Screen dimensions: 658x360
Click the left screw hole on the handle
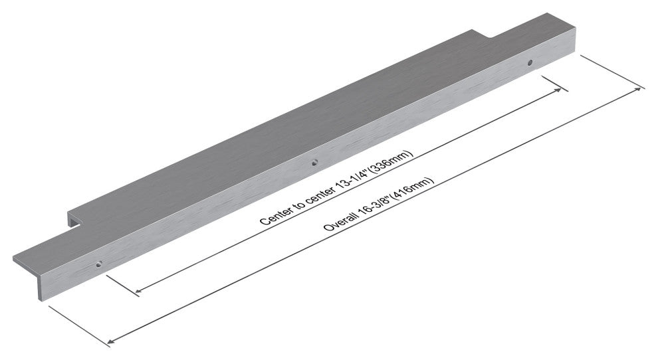(x=99, y=264)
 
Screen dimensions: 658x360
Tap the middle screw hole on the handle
(x=315, y=163)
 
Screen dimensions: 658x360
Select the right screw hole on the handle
(x=530, y=62)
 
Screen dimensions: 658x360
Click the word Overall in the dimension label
(x=340, y=221)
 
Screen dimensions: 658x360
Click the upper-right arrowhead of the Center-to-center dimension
(x=559, y=90)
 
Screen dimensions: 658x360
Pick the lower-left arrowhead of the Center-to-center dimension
(x=138, y=290)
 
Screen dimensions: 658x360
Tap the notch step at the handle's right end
(x=482, y=35)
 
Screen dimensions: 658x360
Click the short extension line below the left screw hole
(x=123, y=286)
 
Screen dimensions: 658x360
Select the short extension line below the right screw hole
(x=555, y=84)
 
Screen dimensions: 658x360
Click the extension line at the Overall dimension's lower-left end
(x=79, y=326)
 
